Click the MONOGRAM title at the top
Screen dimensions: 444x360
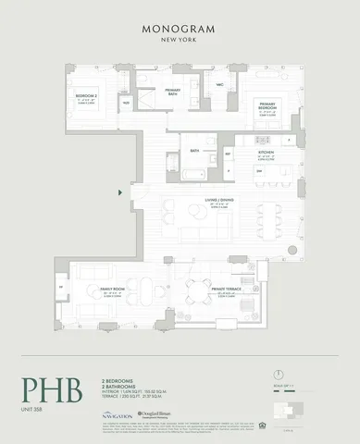180,30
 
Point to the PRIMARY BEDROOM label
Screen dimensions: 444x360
267,105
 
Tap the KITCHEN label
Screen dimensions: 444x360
267,152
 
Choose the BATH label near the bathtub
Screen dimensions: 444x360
195,150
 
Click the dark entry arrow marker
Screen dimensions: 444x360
121,192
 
